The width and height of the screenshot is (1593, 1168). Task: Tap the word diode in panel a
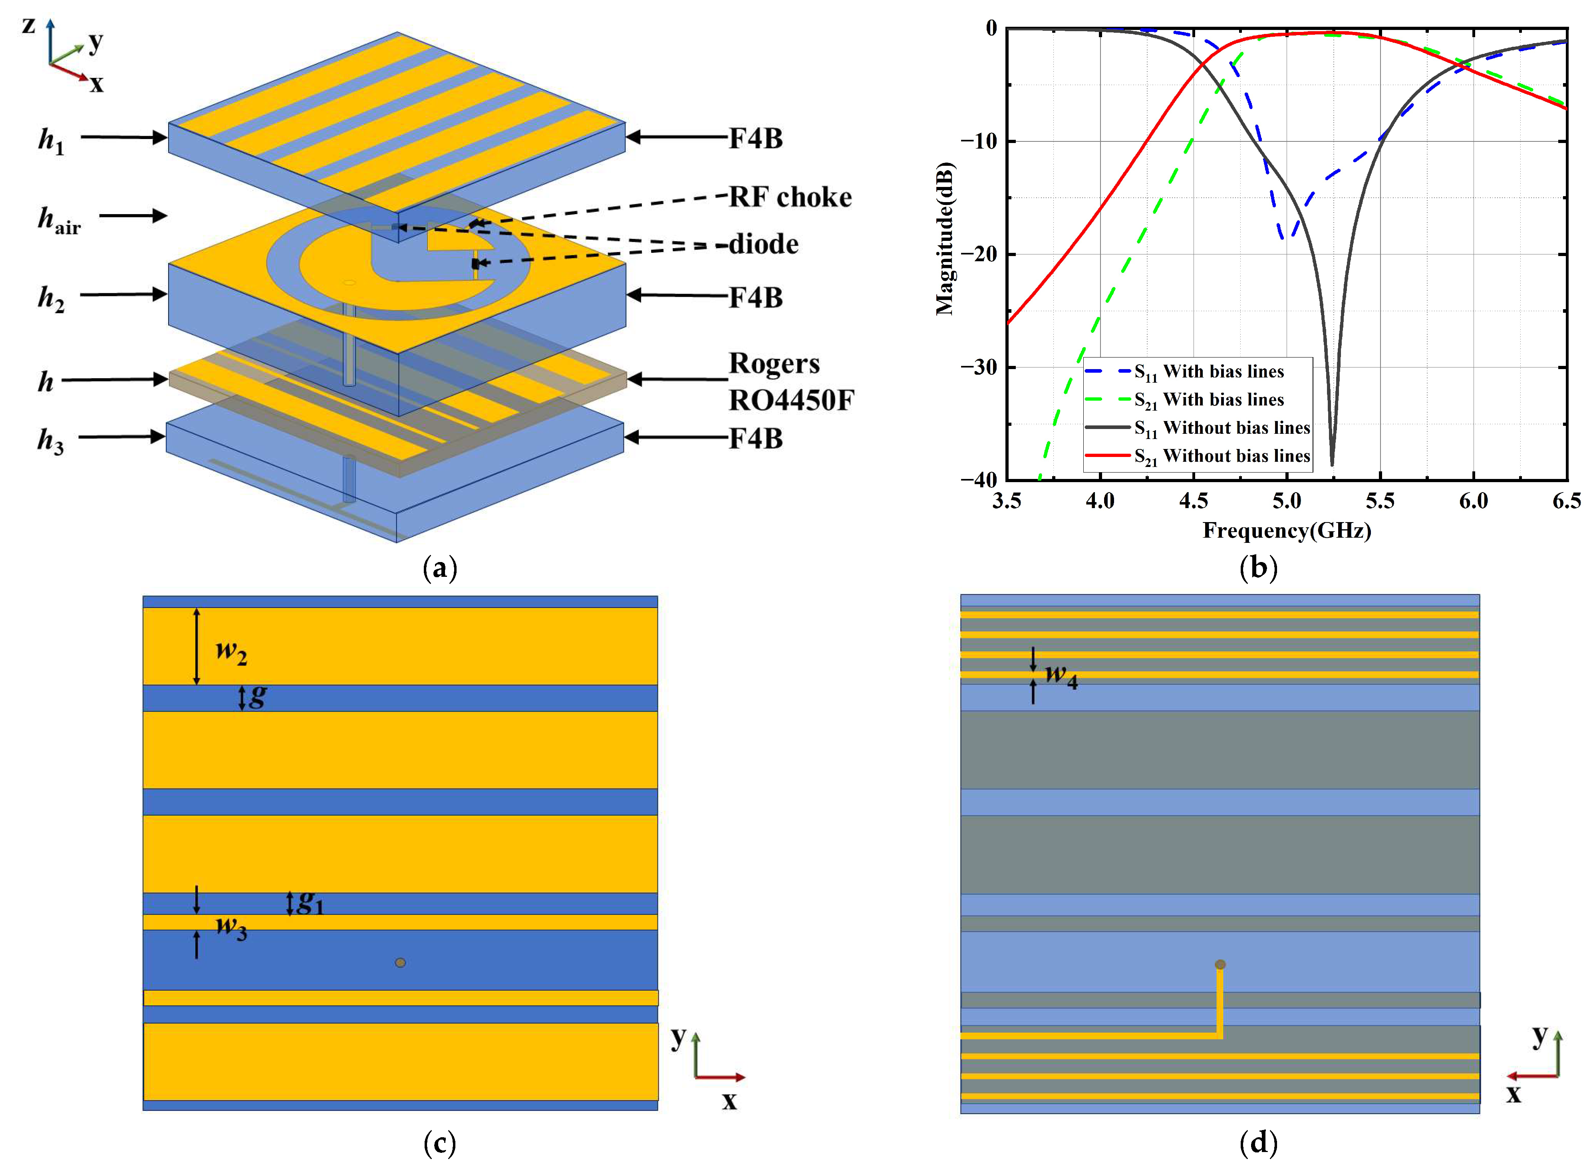point(764,244)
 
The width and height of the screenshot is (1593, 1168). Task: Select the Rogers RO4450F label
point(791,382)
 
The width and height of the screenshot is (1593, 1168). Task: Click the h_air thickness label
point(59,220)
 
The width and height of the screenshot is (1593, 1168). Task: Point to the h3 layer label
point(50,441)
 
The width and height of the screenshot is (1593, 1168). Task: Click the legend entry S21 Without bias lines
point(1222,457)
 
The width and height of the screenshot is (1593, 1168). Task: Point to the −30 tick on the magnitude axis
point(978,367)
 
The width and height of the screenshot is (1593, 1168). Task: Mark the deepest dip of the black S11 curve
point(1332,463)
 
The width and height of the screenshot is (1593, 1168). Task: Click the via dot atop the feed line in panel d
point(1220,964)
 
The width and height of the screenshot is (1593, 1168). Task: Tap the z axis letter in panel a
point(28,26)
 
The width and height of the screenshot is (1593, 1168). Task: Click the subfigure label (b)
point(1259,568)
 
